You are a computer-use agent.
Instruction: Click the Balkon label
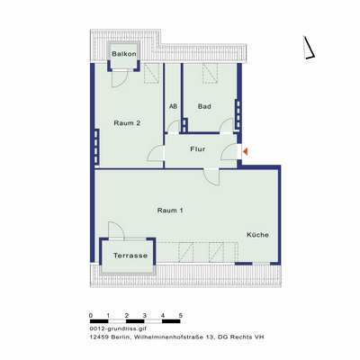pyautogui.click(x=123, y=54)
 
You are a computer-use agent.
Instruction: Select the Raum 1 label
pyautogui.click(x=170, y=210)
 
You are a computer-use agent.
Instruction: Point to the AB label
pyautogui.click(x=173, y=107)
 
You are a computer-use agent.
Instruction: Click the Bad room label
pyautogui.click(x=204, y=107)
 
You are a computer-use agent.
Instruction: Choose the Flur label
pyautogui.click(x=199, y=150)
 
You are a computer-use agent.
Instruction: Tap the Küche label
pyautogui.click(x=258, y=235)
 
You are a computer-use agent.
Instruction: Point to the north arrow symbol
pyautogui.click(x=308, y=47)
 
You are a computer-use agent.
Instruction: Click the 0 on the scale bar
pyautogui.click(x=91, y=315)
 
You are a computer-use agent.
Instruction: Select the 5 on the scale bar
pyautogui.click(x=181, y=315)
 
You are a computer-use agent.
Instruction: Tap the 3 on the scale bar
pyautogui.click(x=145, y=315)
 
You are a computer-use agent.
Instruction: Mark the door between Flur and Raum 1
pyautogui.click(x=211, y=175)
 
